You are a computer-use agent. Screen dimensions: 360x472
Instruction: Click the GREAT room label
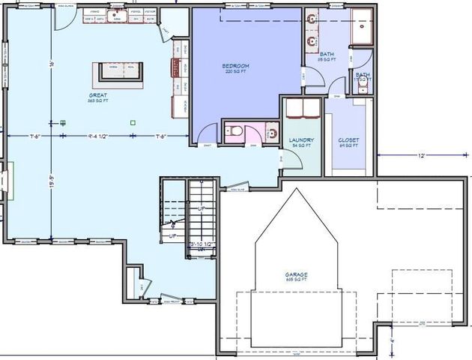pyautogui.click(x=98, y=96)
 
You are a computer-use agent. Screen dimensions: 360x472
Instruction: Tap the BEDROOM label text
pyautogui.click(x=235, y=66)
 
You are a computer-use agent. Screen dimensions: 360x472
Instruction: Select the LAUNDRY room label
pyautogui.click(x=300, y=139)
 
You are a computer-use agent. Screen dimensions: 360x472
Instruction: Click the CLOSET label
pyautogui.click(x=348, y=139)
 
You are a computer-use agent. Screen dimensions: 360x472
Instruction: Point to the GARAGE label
pyautogui.click(x=296, y=275)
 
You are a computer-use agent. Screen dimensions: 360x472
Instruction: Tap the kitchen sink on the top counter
pyautogui.click(x=115, y=15)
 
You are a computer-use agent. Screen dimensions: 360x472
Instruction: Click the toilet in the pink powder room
pyautogui.click(x=234, y=133)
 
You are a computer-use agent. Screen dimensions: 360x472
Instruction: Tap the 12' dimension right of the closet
pyautogui.click(x=422, y=155)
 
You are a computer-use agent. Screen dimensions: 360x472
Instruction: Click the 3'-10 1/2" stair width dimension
pyautogui.click(x=202, y=244)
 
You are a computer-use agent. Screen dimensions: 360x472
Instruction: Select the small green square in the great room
pyautogui.click(x=133, y=122)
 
